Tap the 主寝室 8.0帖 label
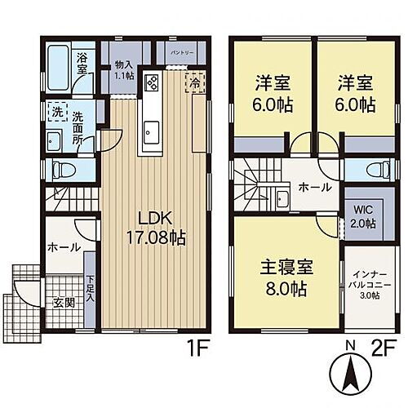[283, 277]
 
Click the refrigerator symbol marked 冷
[196, 82]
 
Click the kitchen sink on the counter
[152, 128]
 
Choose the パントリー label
[181, 51]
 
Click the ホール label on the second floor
[315, 187]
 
